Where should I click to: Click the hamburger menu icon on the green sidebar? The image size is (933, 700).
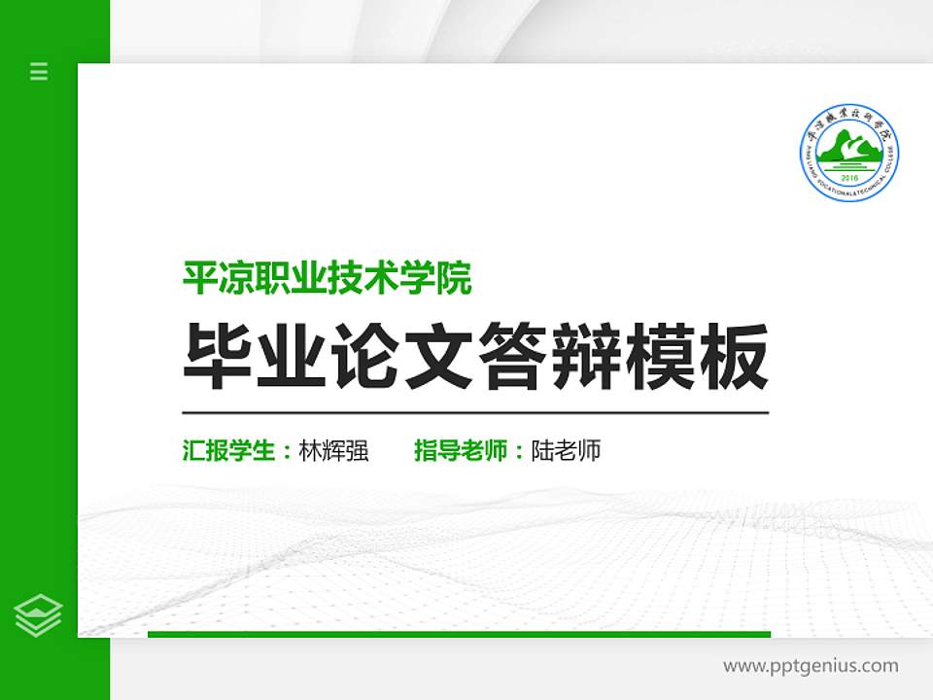[39, 71]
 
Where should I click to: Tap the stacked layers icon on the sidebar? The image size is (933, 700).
[39, 614]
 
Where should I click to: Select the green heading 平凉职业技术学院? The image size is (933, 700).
[328, 279]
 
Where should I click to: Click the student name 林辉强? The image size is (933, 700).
[333, 451]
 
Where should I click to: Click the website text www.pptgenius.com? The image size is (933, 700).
[811, 666]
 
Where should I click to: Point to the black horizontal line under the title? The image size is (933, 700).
[475, 413]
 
